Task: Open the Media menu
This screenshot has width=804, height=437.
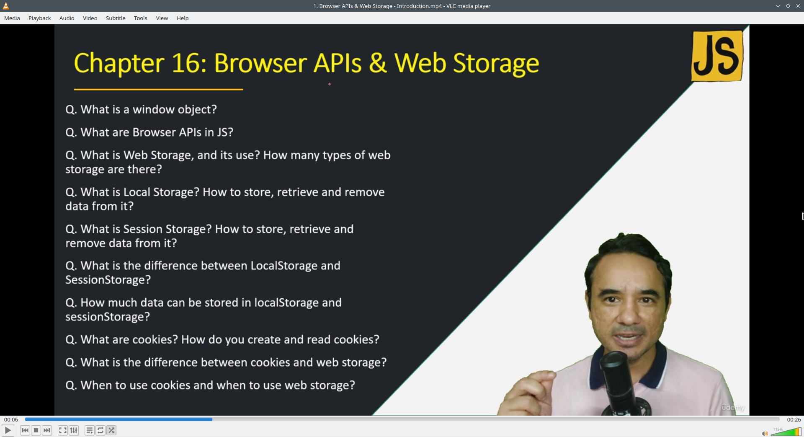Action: point(12,18)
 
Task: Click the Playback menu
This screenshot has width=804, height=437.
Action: point(40,18)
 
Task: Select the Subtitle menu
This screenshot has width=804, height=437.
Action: point(116,18)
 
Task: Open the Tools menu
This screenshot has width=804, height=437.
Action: point(141,18)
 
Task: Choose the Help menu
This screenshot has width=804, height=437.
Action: point(183,18)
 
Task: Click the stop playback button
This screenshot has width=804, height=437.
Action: point(36,430)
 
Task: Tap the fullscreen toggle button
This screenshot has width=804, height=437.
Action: point(62,430)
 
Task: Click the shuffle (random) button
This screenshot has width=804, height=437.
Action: point(111,430)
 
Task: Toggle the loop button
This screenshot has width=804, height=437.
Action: point(100,430)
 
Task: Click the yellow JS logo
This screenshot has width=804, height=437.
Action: point(717,56)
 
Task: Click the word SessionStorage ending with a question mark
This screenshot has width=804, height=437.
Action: point(108,280)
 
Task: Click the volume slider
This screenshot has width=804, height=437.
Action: point(786,432)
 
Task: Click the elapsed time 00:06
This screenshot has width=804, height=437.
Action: point(11,419)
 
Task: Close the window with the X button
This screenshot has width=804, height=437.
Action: point(798,6)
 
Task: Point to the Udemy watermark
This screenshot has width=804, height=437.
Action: point(733,407)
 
